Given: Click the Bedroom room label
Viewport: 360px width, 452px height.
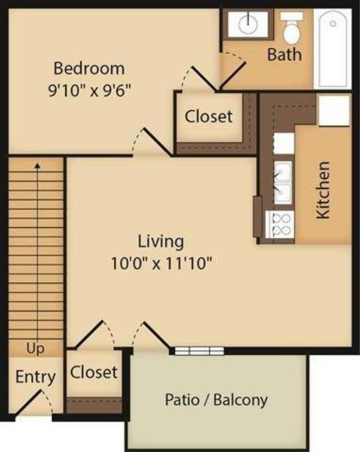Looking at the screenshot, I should (x=89, y=69).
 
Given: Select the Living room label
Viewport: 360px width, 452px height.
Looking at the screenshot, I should (x=161, y=241).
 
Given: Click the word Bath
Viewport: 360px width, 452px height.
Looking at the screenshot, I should (x=284, y=55).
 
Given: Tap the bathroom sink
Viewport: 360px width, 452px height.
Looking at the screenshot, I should (x=247, y=23).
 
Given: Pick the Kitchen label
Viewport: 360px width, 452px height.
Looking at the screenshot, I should (x=323, y=191).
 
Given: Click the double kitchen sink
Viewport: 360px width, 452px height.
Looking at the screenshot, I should (x=282, y=180).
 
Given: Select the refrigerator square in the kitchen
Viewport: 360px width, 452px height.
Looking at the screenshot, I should (x=333, y=110).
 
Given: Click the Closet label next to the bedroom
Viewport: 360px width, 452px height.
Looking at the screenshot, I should (x=209, y=116).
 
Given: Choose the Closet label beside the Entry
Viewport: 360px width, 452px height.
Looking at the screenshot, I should (x=94, y=372).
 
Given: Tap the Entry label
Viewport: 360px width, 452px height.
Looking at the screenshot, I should (x=35, y=377).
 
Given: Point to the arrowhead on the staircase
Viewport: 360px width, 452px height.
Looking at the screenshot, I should (x=38, y=166).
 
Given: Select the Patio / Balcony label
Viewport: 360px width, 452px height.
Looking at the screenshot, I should (x=217, y=400).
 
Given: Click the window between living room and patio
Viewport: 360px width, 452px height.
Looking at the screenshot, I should (x=199, y=351).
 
